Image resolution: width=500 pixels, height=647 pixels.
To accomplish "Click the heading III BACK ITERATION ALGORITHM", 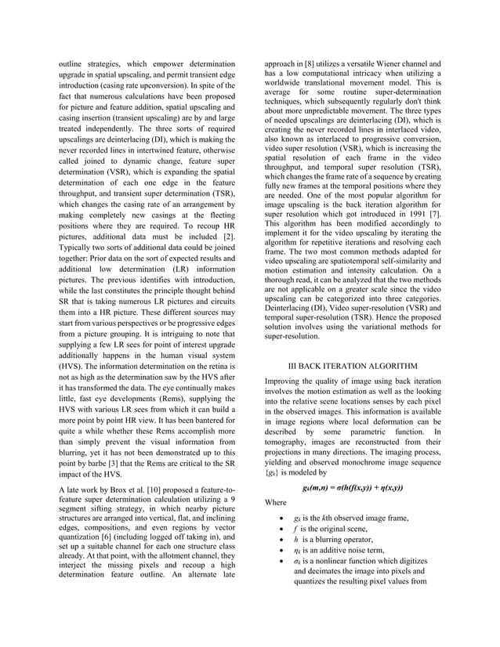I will [x=352, y=366].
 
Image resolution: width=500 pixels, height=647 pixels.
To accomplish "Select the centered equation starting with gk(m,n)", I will [x=352, y=487].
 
